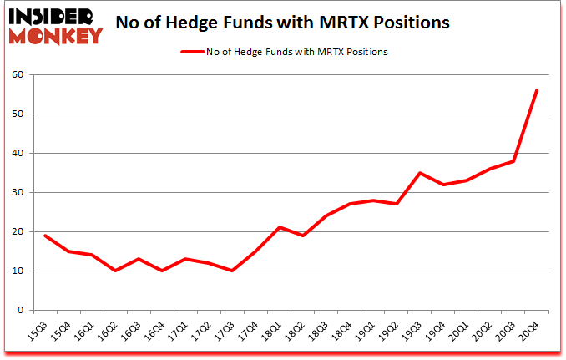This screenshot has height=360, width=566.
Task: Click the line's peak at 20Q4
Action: [537, 90]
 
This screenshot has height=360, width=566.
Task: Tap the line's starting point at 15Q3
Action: [45, 236]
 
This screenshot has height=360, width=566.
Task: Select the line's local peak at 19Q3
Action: [420, 173]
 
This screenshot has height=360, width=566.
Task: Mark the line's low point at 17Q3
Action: [232, 271]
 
